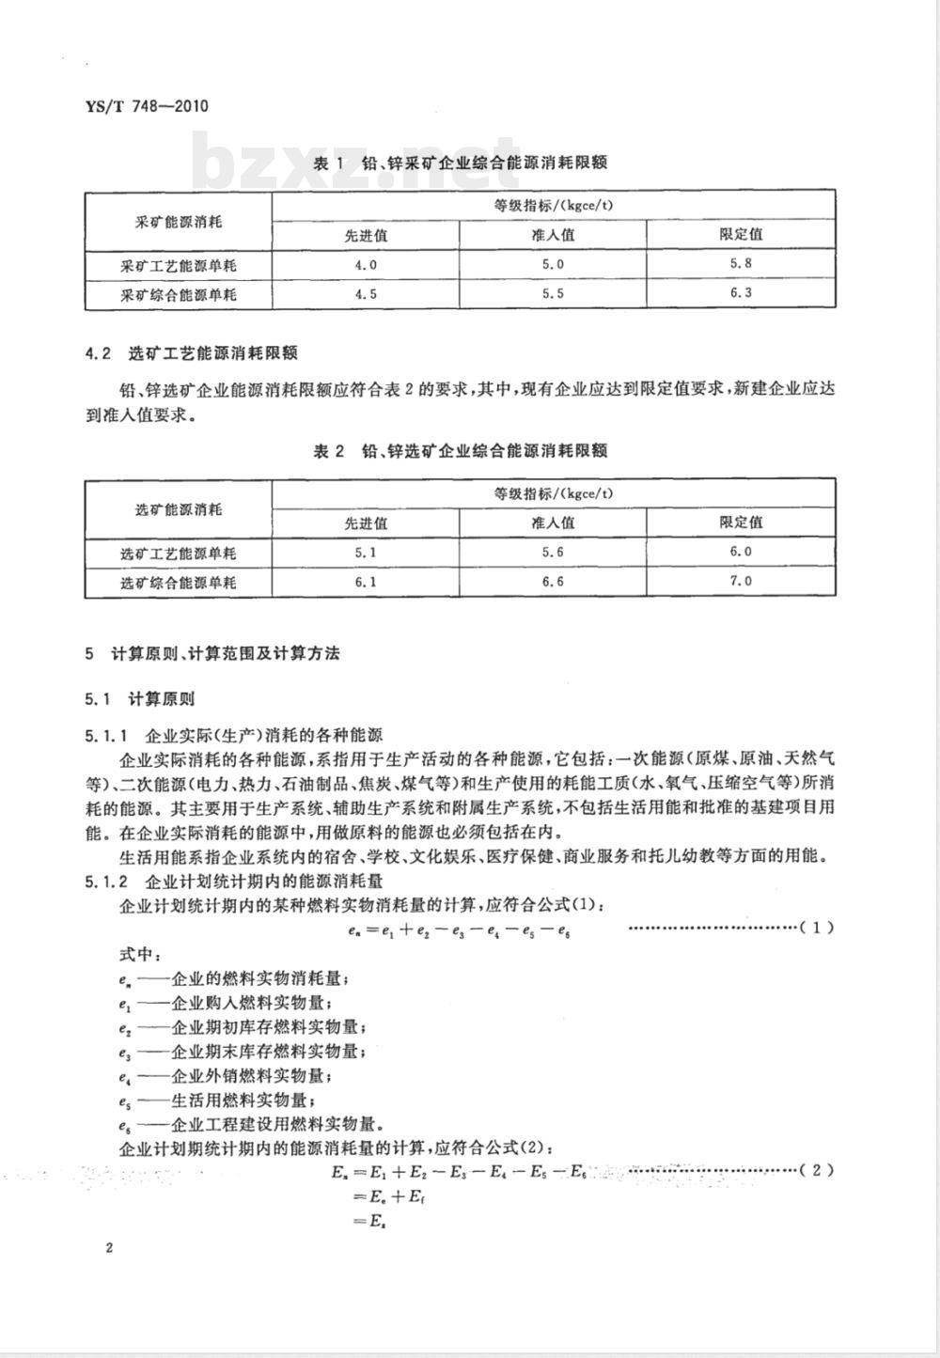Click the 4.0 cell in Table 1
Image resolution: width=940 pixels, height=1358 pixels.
coord(366,265)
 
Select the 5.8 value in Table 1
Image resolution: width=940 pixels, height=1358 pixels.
coord(741,264)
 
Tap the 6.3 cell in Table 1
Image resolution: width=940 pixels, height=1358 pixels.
coord(741,293)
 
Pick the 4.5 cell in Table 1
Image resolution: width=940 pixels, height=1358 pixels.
coord(366,294)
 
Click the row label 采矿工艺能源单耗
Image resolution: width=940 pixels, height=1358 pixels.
coord(179,266)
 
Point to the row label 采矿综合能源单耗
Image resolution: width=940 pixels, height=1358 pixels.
coord(179,295)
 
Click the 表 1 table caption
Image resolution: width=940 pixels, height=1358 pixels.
coord(460,163)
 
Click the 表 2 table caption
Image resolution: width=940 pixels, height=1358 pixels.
coord(460,451)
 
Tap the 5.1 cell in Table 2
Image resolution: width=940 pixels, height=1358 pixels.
coord(366,553)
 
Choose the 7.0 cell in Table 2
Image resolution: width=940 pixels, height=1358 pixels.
coord(741,581)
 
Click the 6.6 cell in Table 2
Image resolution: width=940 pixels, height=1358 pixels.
coord(553,582)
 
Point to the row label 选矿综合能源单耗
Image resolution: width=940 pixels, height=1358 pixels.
coord(179,583)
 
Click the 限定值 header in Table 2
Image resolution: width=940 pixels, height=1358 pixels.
coord(741,523)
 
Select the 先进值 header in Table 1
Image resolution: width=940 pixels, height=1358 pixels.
coord(366,235)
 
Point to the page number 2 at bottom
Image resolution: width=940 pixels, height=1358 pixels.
coord(109,1248)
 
